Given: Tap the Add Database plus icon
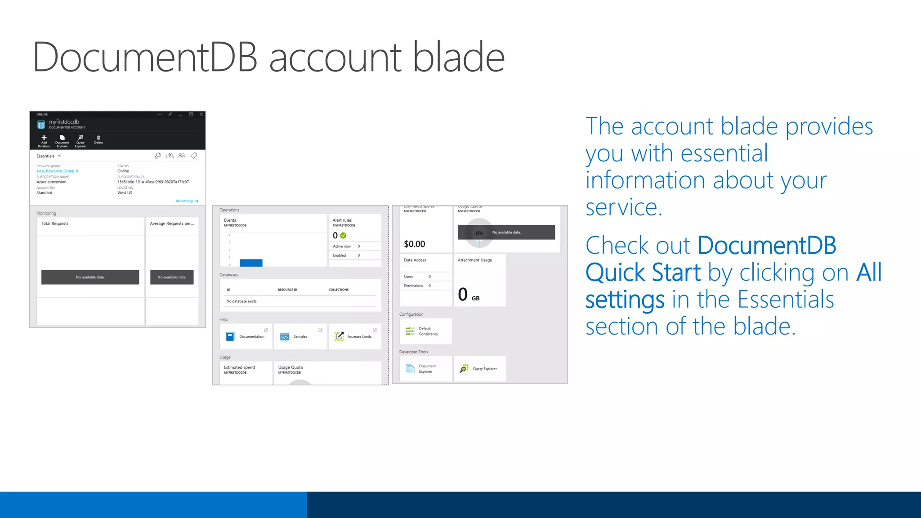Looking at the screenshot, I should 44,138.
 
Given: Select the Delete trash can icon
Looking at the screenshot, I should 98,138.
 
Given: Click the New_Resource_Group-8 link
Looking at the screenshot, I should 57,171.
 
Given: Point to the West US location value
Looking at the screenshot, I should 125,193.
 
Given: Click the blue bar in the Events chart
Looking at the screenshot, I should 251,263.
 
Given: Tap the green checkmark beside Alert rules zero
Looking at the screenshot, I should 343,236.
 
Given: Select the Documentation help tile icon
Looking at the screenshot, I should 230,336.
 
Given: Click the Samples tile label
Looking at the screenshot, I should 300,337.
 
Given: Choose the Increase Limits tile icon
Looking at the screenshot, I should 339,336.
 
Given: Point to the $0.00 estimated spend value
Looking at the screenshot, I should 414,244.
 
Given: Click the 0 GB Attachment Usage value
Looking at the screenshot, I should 468,295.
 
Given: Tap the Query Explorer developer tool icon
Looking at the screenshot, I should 464,369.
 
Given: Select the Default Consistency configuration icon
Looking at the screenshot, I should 410,331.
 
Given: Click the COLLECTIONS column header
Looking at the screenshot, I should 338,290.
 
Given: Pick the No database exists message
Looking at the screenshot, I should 242,301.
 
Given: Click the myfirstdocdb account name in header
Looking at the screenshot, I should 64,122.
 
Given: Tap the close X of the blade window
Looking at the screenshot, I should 201,115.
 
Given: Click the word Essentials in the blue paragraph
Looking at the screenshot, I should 786,299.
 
